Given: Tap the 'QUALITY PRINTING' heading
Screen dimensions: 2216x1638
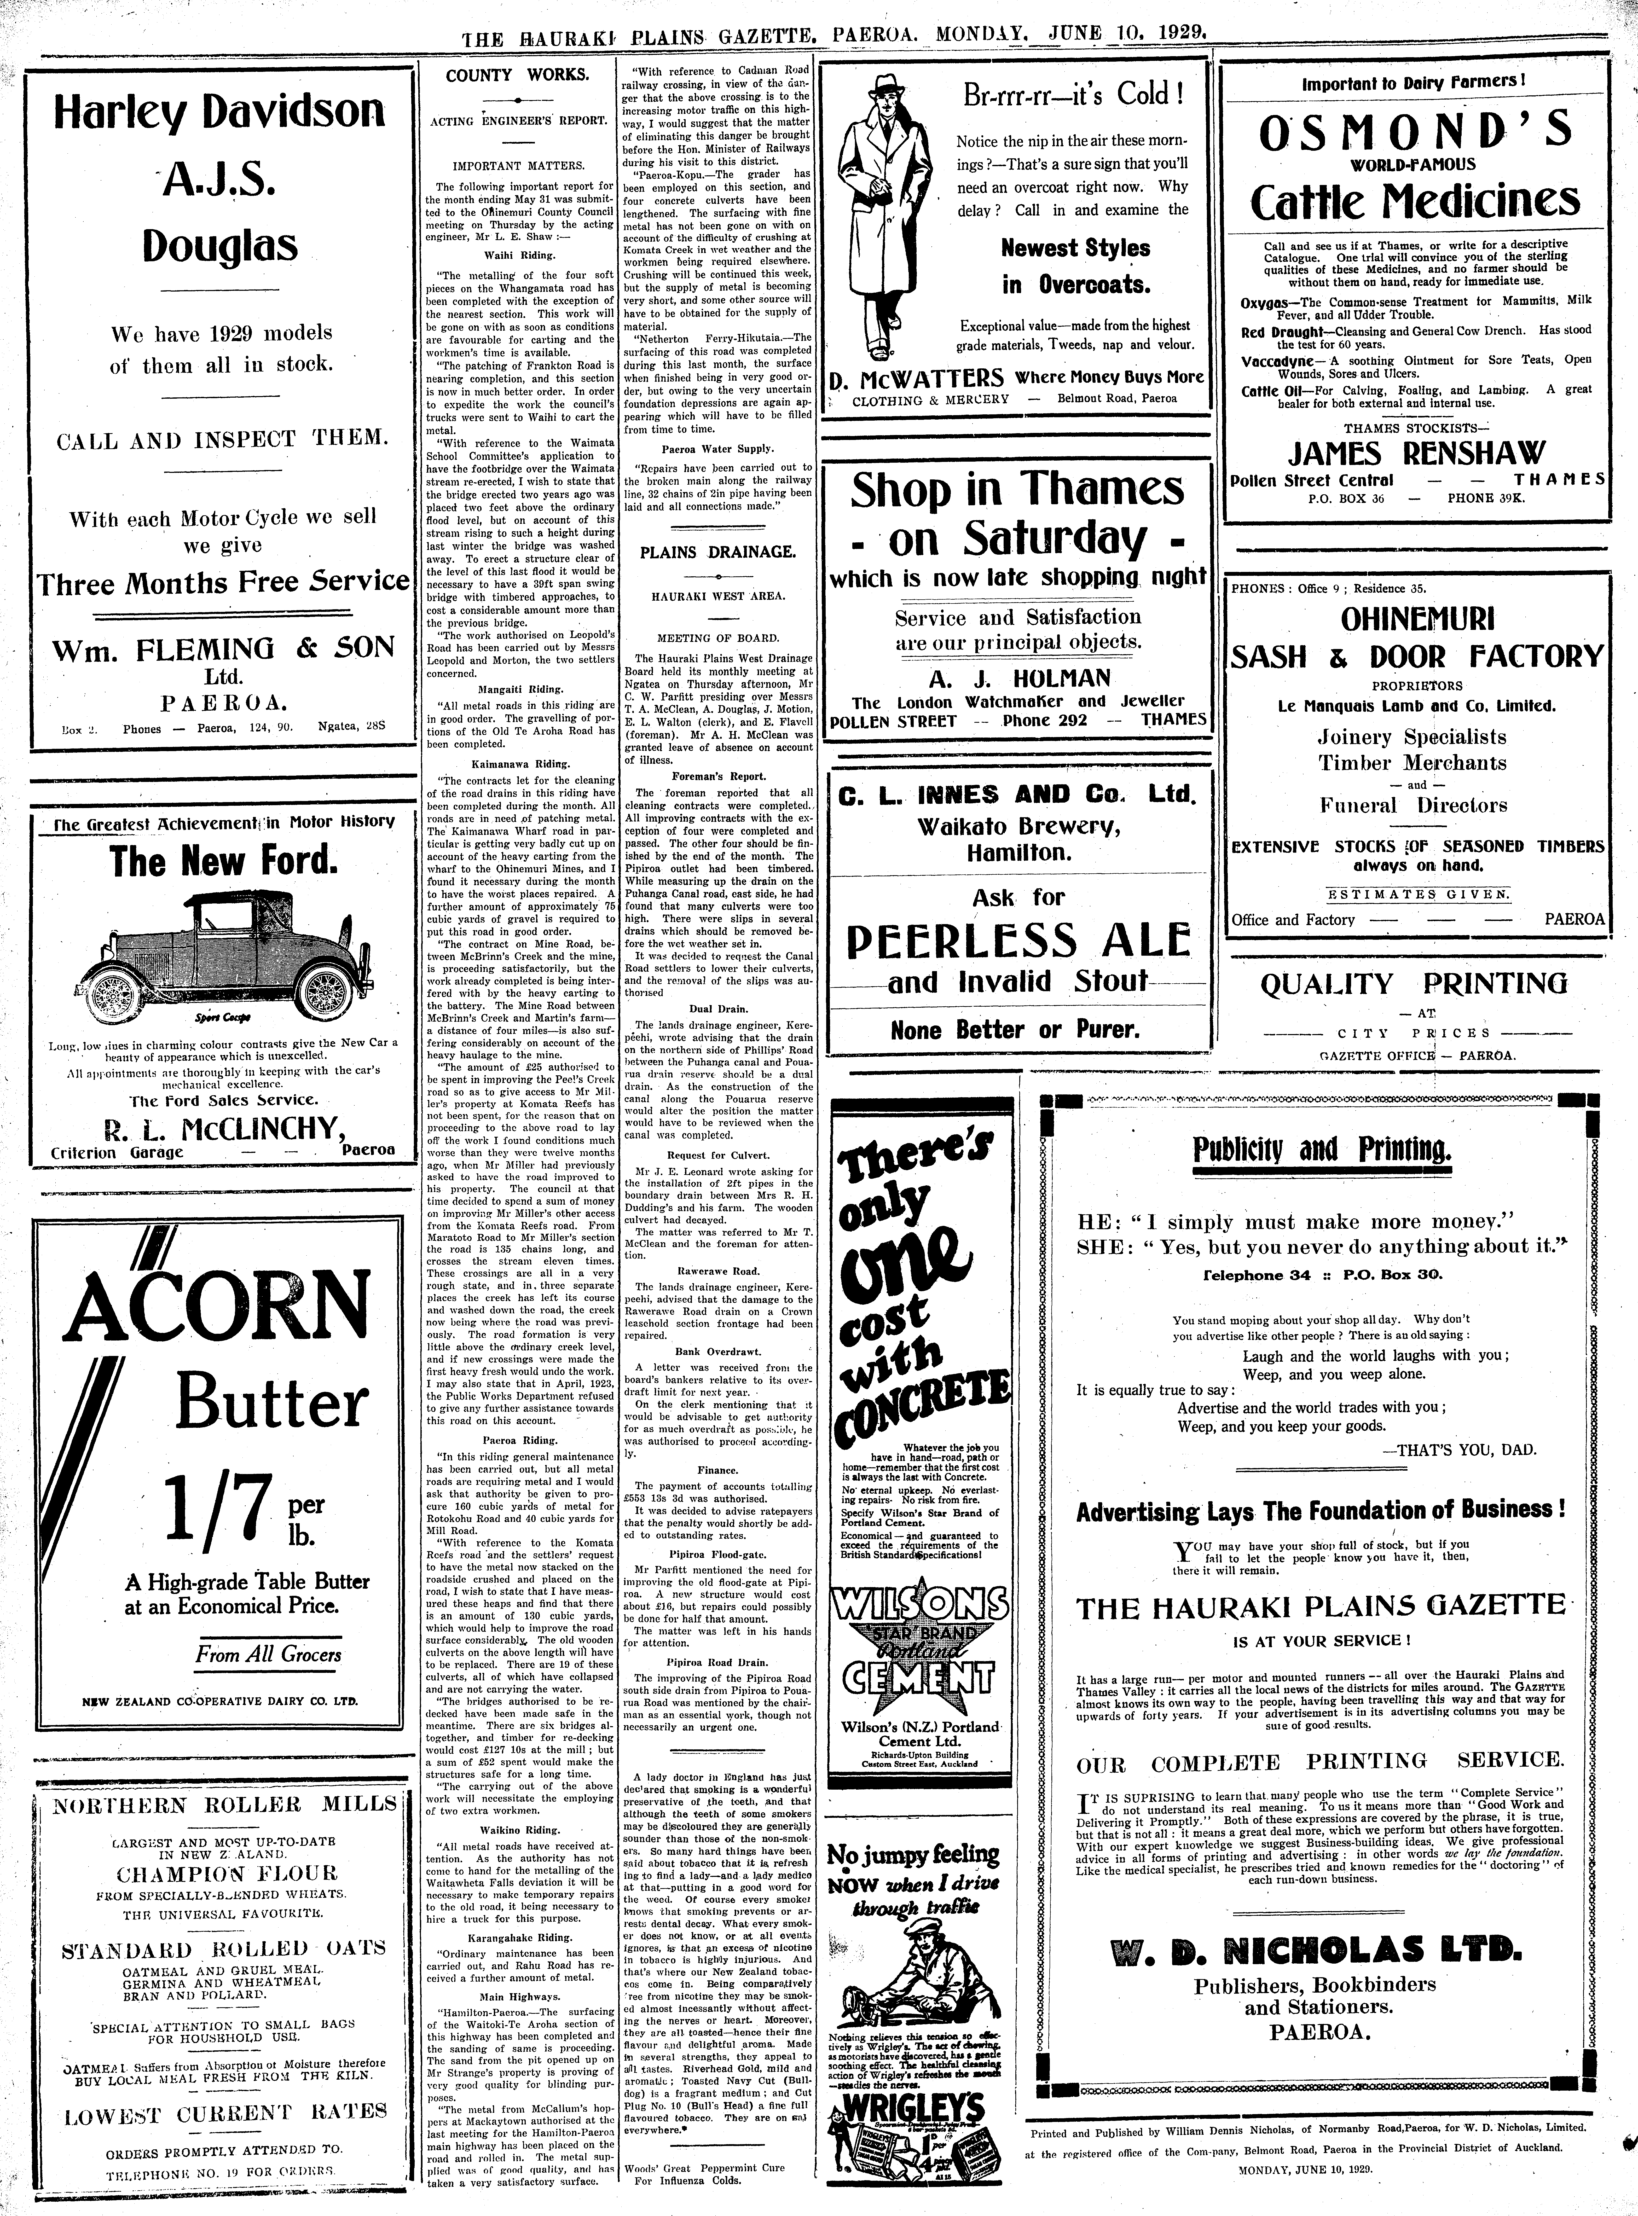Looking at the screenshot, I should click(x=1414, y=984).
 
